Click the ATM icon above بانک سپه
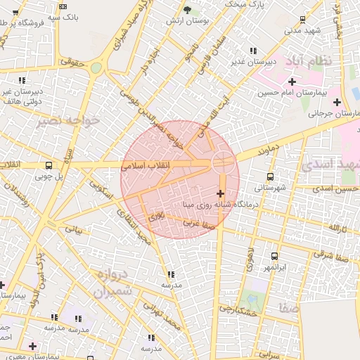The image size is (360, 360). [x=64, y=6]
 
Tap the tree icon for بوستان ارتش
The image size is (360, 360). [x=186, y=10]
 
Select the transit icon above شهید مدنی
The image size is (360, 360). [x=302, y=20]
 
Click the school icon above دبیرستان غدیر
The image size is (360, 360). [x=253, y=51]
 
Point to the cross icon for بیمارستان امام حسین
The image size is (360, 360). [x=292, y=82]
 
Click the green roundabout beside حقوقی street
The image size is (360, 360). [x=96, y=67]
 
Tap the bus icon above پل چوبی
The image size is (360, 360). [x=48, y=166]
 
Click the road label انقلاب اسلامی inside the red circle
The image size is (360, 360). [x=142, y=166]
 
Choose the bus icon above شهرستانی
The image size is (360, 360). [x=271, y=177]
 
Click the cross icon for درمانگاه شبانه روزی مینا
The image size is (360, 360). [x=221, y=193]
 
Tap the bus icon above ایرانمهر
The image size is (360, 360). [x=274, y=257]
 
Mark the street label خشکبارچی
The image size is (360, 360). [x=234, y=308]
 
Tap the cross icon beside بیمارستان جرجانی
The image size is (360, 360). [x=337, y=102]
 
